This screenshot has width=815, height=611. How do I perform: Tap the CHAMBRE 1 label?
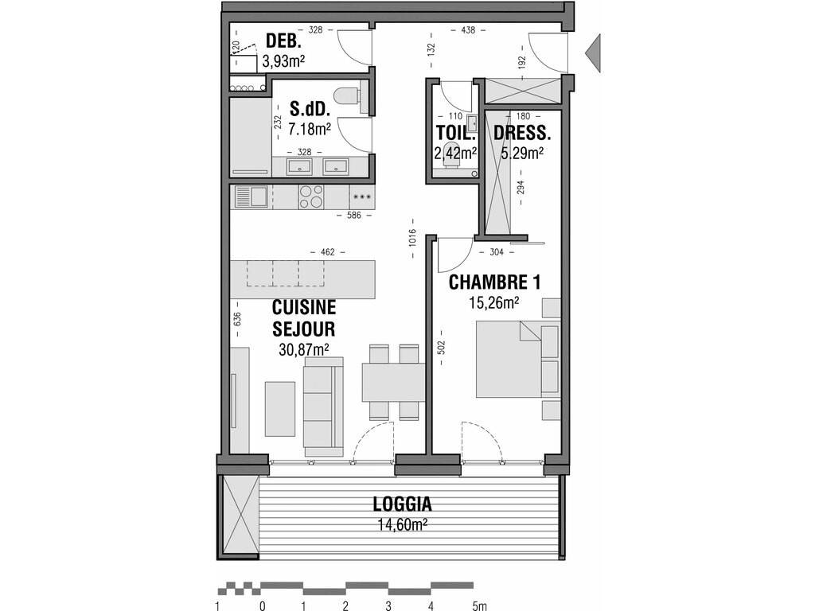pos(494,282)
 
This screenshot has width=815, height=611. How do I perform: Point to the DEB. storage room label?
pos(283,41)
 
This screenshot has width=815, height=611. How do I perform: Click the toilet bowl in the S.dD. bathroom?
pos(346,95)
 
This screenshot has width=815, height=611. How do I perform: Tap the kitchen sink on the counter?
pos(251,197)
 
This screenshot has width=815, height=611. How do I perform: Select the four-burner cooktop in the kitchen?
pos(311,197)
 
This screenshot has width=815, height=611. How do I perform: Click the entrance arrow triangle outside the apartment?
pos(593,53)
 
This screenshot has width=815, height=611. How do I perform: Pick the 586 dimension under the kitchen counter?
pos(353,215)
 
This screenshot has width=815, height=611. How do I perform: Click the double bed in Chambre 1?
pos(517,360)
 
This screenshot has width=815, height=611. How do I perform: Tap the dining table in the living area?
pos(393,383)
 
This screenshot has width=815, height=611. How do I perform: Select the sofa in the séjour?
pos(323,407)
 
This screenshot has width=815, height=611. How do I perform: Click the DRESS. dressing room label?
pos(521,134)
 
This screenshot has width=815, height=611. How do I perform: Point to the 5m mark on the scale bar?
pos(479,605)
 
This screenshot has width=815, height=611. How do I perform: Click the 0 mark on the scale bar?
pos(263,605)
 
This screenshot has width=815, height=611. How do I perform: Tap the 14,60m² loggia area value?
pos(402,525)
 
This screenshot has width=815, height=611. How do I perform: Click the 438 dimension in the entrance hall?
pos(468,30)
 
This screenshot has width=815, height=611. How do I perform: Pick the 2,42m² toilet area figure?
pos(455,153)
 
